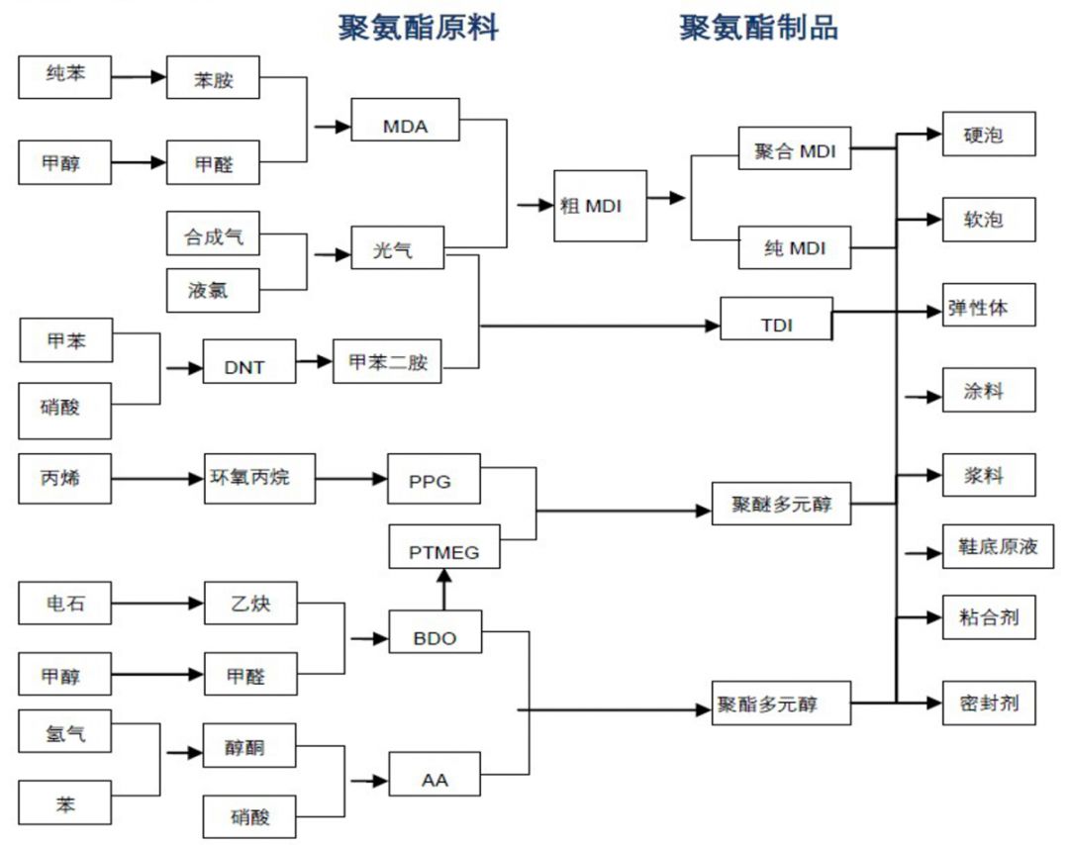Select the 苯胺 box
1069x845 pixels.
(x=213, y=80)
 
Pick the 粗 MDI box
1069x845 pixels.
(x=601, y=206)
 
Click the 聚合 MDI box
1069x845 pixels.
(x=795, y=151)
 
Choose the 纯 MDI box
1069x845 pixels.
(x=795, y=247)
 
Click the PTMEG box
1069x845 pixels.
(x=443, y=552)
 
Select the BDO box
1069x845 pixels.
(x=435, y=637)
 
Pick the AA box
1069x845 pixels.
(x=435, y=779)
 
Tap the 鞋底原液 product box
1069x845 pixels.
(x=989, y=547)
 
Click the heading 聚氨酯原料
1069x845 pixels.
(x=419, y=28)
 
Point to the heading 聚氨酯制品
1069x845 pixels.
(x=758, y=28)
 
